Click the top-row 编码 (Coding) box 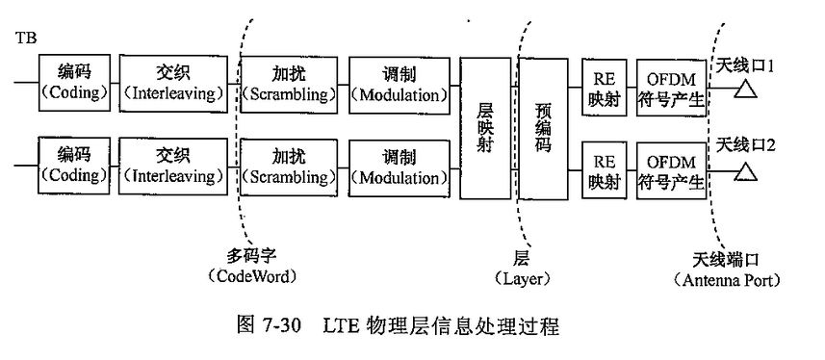coord(73,83)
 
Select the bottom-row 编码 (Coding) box coord(73,166)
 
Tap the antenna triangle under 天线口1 coord(744,91)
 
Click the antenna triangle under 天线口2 coord(744,173)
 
